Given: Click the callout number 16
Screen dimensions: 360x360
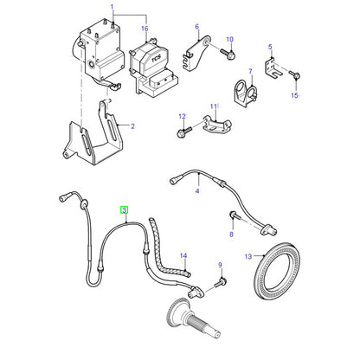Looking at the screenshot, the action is tap(145, 29).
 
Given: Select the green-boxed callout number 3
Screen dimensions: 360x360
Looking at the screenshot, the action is tap(124, 210).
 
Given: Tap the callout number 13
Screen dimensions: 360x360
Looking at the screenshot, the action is tap(248, 256).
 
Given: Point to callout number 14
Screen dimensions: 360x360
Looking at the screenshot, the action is tap(183, 255).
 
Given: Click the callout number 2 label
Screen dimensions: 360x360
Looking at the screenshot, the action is tap(132, 126).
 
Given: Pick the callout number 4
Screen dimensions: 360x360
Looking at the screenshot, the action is tap(197, 190).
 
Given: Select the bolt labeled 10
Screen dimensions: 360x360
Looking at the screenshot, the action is tap(228, 53).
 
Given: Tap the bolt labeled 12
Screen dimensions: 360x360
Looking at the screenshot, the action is tap(183, 132).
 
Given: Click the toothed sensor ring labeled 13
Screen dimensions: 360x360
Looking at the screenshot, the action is tap(278, 271).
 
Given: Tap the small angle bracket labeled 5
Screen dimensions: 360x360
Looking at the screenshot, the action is tap(273, 68).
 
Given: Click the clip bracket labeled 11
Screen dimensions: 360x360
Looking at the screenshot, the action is tap(216, 125).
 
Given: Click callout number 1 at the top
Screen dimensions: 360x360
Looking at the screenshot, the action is tap(112, 7).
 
